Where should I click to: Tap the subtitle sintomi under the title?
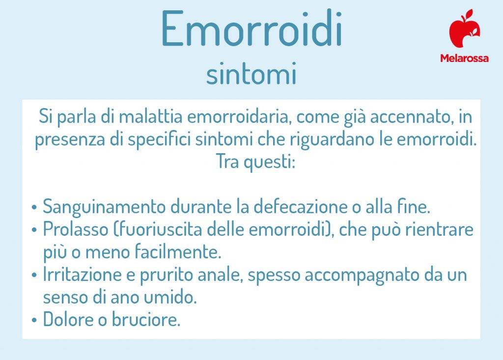point(251,75)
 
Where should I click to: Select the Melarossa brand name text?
point(464,58)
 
